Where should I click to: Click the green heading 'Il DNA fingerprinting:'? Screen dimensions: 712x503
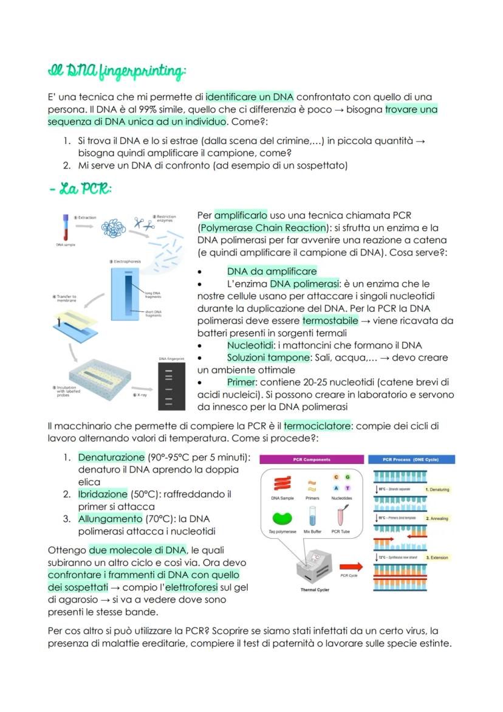coord(116,72)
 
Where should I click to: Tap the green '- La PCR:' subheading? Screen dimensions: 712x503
coord(81,189)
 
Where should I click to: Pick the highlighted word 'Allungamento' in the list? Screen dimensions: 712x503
coord(108,519)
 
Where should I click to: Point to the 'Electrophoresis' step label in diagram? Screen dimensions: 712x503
coord(126,261)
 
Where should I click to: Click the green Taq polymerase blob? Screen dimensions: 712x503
coord(281,519)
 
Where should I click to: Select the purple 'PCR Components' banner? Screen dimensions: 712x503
coord(312,460)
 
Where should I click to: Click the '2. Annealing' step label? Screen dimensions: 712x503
coord(437,519)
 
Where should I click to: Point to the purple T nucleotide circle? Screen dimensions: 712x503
coord(347,488)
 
